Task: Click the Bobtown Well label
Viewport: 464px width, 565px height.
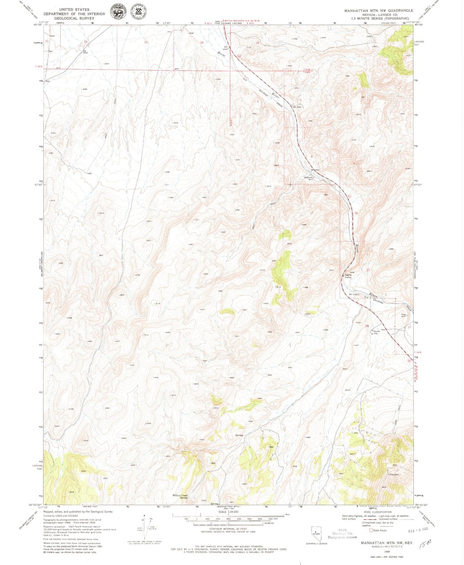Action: (309, 178)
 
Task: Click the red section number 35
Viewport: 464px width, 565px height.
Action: (146, 42)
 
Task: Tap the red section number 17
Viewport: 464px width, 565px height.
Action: (311, 213)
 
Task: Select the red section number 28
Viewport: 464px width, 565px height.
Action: (367, 326)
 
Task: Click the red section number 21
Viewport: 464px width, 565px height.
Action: (368, 270)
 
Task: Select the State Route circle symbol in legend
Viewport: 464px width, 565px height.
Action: (371, 531)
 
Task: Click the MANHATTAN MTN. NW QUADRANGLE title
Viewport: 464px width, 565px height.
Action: (379, 11)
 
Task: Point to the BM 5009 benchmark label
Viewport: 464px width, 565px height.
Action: (85, 52)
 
